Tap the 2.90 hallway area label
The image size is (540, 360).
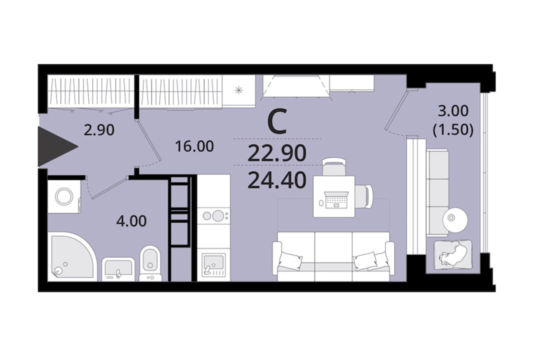[99, 130]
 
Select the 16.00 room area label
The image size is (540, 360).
[194, 146]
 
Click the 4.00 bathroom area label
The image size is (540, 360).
[131, 221]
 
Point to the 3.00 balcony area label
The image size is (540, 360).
[453, 111]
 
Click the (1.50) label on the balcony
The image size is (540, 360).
[453, 129]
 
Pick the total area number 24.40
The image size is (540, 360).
[277, 180]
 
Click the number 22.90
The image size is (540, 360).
[277, 153]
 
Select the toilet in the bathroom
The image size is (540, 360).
[150, 262]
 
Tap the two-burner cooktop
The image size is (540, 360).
[213, 216]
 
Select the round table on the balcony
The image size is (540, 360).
[455, 217]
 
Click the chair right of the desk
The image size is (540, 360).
[364, 196]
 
